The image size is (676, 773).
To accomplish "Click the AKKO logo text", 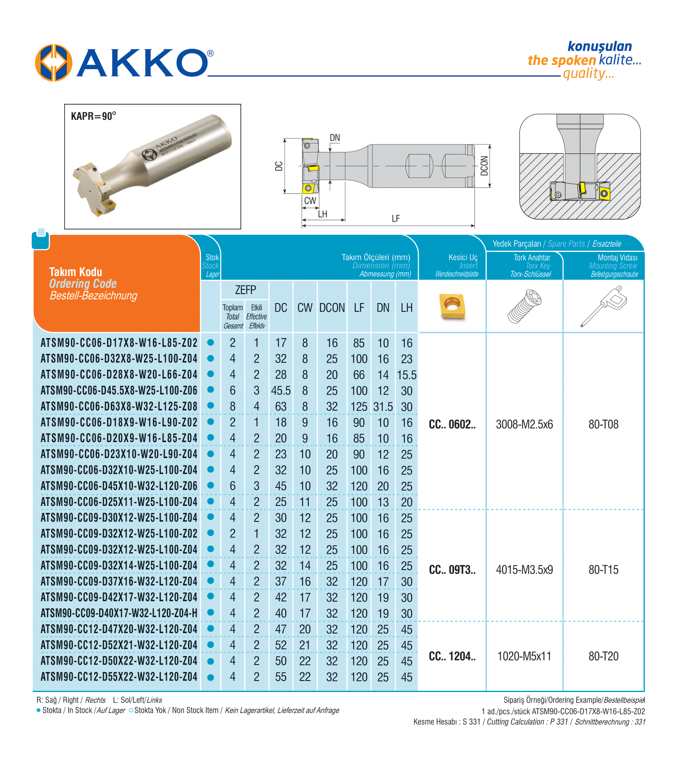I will pyautogui.click(x=142, y=63).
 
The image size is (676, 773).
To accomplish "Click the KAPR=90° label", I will pyautogui.click(x=94, y=116).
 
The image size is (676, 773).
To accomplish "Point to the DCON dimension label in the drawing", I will pyautogui.click(x=484, y=166).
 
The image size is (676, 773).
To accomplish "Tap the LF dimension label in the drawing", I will pyautogui.click(x=396, y=218).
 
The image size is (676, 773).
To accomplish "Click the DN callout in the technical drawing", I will pyautogui.click(x=335, y=138).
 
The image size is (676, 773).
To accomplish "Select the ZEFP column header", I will pyautogui.click(x=245, y=290).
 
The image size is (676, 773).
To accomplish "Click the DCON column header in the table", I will pyautogui.click(x=332, y=308).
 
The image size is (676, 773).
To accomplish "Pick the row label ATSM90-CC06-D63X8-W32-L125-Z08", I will pyautogui.click(x=119, y=407).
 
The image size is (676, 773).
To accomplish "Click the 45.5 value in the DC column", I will pyautogui.click(x=281, y=391).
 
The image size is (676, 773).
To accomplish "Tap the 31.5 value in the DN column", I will pyautogui.click(x=383, y=407).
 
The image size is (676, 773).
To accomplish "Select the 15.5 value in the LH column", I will pyautogui.click(x=407, y=375).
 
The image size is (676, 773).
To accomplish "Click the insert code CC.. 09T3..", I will pyautogui.click(x=452, y=570).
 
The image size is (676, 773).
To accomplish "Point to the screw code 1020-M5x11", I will pyautogui.click(x=524, y=656).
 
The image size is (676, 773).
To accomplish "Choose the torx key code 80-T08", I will pyautogui.click(x=603, y=425).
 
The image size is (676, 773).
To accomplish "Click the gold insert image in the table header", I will pyautogui.click(x=452, y=306).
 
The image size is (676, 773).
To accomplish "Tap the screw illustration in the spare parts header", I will pyautogui.click(x=524, y=306).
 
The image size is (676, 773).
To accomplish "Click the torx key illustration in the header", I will pyautogui.click(x=604, y=306).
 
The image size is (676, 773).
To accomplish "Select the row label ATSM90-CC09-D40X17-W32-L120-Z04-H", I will pyautogui.click(x=119, y=613).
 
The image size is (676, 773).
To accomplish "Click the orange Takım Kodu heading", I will pyautogui.click(x=76, y=272).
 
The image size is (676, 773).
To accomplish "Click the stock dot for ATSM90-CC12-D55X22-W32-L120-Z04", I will pyautogui.click(x=211, y=677).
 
